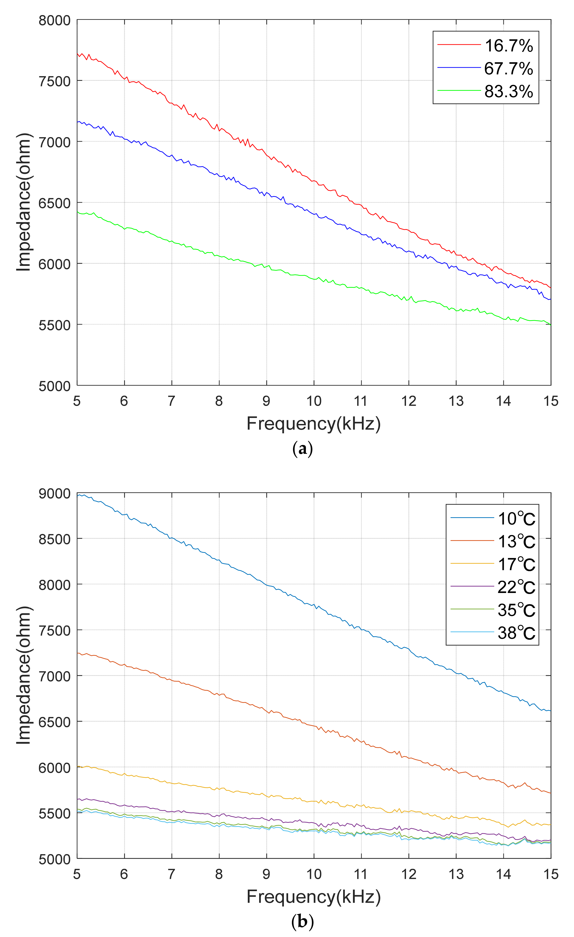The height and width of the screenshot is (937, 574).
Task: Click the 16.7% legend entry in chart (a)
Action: (508, 46)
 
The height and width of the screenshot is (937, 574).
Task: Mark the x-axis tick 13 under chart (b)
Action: (456, 874)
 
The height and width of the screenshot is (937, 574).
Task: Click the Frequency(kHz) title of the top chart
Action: (314, 423)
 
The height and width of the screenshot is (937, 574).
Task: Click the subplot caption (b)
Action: (303, 922)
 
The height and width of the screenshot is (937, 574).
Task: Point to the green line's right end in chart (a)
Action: (550, 324)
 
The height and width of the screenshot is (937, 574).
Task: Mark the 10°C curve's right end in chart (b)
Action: (550, 711)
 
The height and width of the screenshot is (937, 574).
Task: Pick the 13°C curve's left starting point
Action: (78, 653)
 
